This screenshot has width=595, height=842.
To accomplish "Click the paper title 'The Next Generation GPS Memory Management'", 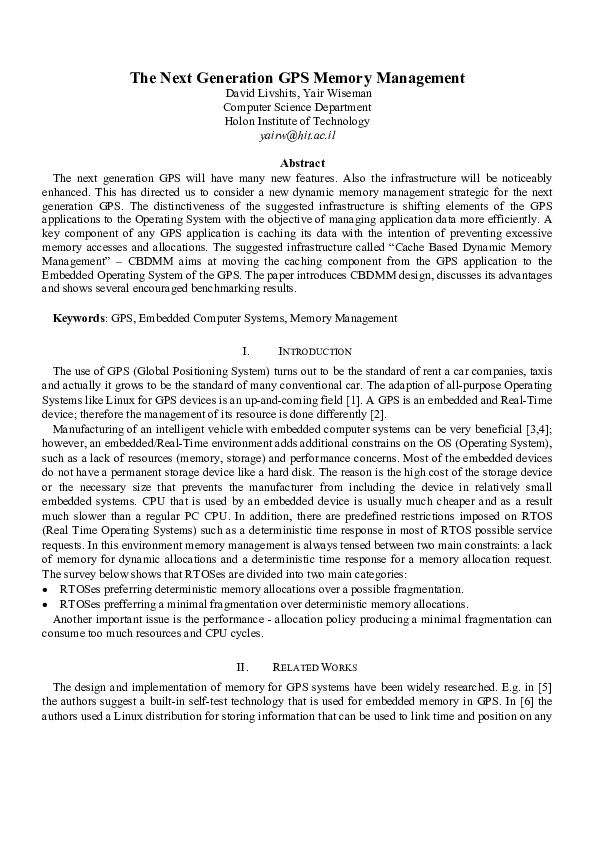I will [x=297, y=78].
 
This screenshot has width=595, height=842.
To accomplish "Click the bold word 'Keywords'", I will [x=78, y=319].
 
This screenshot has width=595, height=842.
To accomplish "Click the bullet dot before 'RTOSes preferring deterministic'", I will [x=45, y=591].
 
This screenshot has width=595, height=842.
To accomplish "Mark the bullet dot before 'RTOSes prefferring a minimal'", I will [x=45, y=605].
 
